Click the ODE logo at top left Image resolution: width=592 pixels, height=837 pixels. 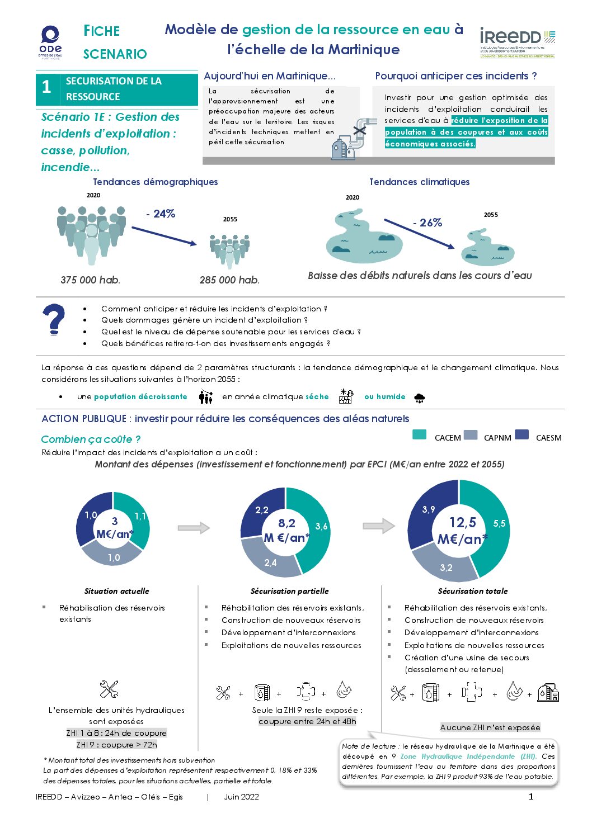coord(50,41)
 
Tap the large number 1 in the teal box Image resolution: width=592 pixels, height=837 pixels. coord(46,87)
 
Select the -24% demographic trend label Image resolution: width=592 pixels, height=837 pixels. coord(161,214)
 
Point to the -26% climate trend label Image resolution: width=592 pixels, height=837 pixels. coord(427,223)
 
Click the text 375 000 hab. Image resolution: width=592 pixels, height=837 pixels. coord(90,280)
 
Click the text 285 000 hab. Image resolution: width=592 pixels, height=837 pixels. coord(229,280)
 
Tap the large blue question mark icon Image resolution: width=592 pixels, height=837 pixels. coord(54,319)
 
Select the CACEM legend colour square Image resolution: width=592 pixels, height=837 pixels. coord(419,435)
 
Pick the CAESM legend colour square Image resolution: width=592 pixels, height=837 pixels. coord(521,435)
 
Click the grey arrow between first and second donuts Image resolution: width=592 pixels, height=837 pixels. coord(193,527)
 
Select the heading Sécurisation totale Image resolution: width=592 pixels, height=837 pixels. coord(473,591)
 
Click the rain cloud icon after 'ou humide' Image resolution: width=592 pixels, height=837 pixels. coord(419,398)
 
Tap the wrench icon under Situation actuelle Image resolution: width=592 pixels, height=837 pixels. coord(109,689)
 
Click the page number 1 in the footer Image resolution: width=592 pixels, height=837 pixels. coord(531,797)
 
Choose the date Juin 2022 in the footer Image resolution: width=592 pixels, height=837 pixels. coord(241,797)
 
